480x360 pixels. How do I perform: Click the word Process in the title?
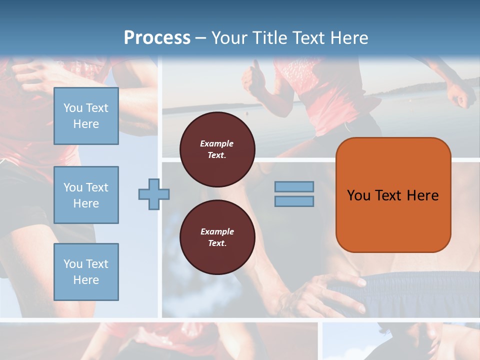[x=157, y=38]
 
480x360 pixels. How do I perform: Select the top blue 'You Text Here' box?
[x=86, y=116]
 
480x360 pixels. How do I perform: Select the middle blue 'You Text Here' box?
[x=86, y=195]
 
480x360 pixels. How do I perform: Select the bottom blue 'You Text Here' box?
[x=86, y=272]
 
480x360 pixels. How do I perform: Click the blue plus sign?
[x=154, y=194]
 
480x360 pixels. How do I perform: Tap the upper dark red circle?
[x=217, y=149]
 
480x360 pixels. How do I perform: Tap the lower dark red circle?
[x=217, y=237]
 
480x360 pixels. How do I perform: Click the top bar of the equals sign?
[x=294, y=187]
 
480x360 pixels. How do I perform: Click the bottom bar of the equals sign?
[x=294, y=201]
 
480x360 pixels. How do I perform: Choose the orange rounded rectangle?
[x=393, y=220]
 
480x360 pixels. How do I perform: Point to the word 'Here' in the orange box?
[x=422, y=195]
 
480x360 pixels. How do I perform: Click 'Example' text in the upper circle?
[x=217, y=143]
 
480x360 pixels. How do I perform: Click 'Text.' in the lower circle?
[x=217, y=243]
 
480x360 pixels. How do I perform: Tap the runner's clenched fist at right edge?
[x=460, y=94]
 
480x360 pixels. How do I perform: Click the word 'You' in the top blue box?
[x=73, y=108]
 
